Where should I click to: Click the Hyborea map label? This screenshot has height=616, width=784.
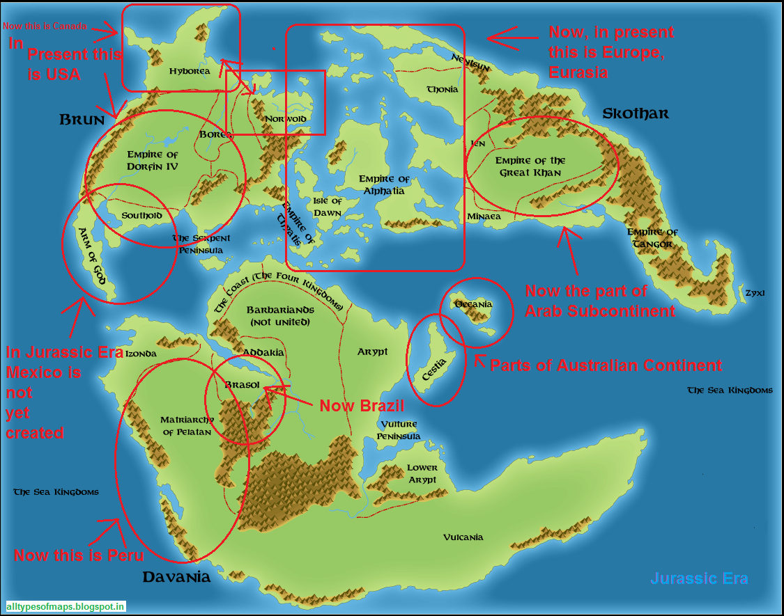click(x=189, y=71)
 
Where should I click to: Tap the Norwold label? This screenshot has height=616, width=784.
click(x=285, y=119)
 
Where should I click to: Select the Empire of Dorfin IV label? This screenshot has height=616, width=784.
click(x=153, y=161)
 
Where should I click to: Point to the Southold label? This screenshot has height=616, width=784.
click(x=141, y=216)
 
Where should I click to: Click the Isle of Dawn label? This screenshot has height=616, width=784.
click(x=328, y=207)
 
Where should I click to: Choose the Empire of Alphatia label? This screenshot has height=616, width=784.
click(x=384, y=185)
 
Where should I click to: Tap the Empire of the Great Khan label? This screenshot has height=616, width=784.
click(x=530, y=166)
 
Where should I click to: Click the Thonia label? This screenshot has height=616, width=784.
click(x=443, y=89)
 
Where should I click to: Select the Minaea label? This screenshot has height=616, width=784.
click(x=484, y=216)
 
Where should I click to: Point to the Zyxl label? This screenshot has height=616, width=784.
click(x=754, y=293)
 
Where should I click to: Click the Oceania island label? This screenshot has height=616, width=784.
click(x=473, y=304)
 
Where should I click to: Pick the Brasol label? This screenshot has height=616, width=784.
click(x=243, y=385)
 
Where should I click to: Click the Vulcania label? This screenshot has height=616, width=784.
click(x=463, y=537)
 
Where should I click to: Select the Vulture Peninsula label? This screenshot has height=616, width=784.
click(x=399, y=430)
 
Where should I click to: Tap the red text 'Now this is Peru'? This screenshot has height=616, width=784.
click(x=79, y=555)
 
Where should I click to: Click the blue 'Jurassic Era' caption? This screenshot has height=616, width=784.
click(x=699, y=578)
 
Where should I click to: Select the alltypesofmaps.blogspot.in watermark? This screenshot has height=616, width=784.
click(x=66, y=607)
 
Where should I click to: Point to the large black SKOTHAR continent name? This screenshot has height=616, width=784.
click(x=636, y=113)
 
